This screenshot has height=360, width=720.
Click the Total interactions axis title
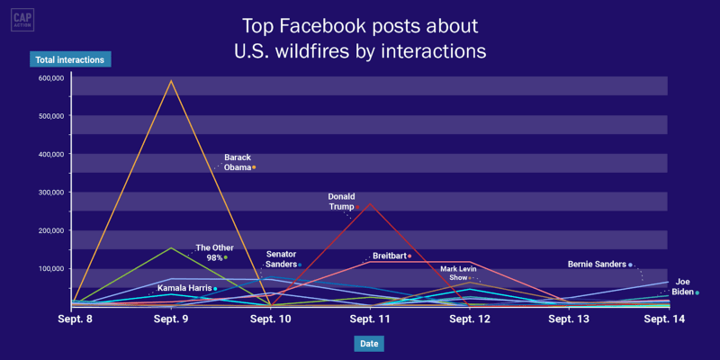(x=69, y=60)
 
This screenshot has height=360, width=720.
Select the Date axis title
(x=368, y=344)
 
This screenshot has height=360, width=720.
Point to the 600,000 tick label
(x=50, y=78)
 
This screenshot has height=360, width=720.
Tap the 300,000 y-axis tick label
(x=50, y=193)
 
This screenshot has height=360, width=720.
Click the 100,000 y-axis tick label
(x=50, y=269)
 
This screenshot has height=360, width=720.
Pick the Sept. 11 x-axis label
(x=369, y=319)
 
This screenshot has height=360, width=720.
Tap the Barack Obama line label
(x=238, y=162)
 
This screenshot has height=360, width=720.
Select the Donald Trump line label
(x=341, y=201)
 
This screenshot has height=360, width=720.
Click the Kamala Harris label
(x=184, y=288)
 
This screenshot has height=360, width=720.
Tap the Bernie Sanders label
(x=599, y=265)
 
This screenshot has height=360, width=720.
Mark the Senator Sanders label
(x=282, y=259)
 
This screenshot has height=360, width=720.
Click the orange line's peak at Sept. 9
(x=171, y=81)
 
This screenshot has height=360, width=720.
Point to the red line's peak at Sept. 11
(x=370, y=203)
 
